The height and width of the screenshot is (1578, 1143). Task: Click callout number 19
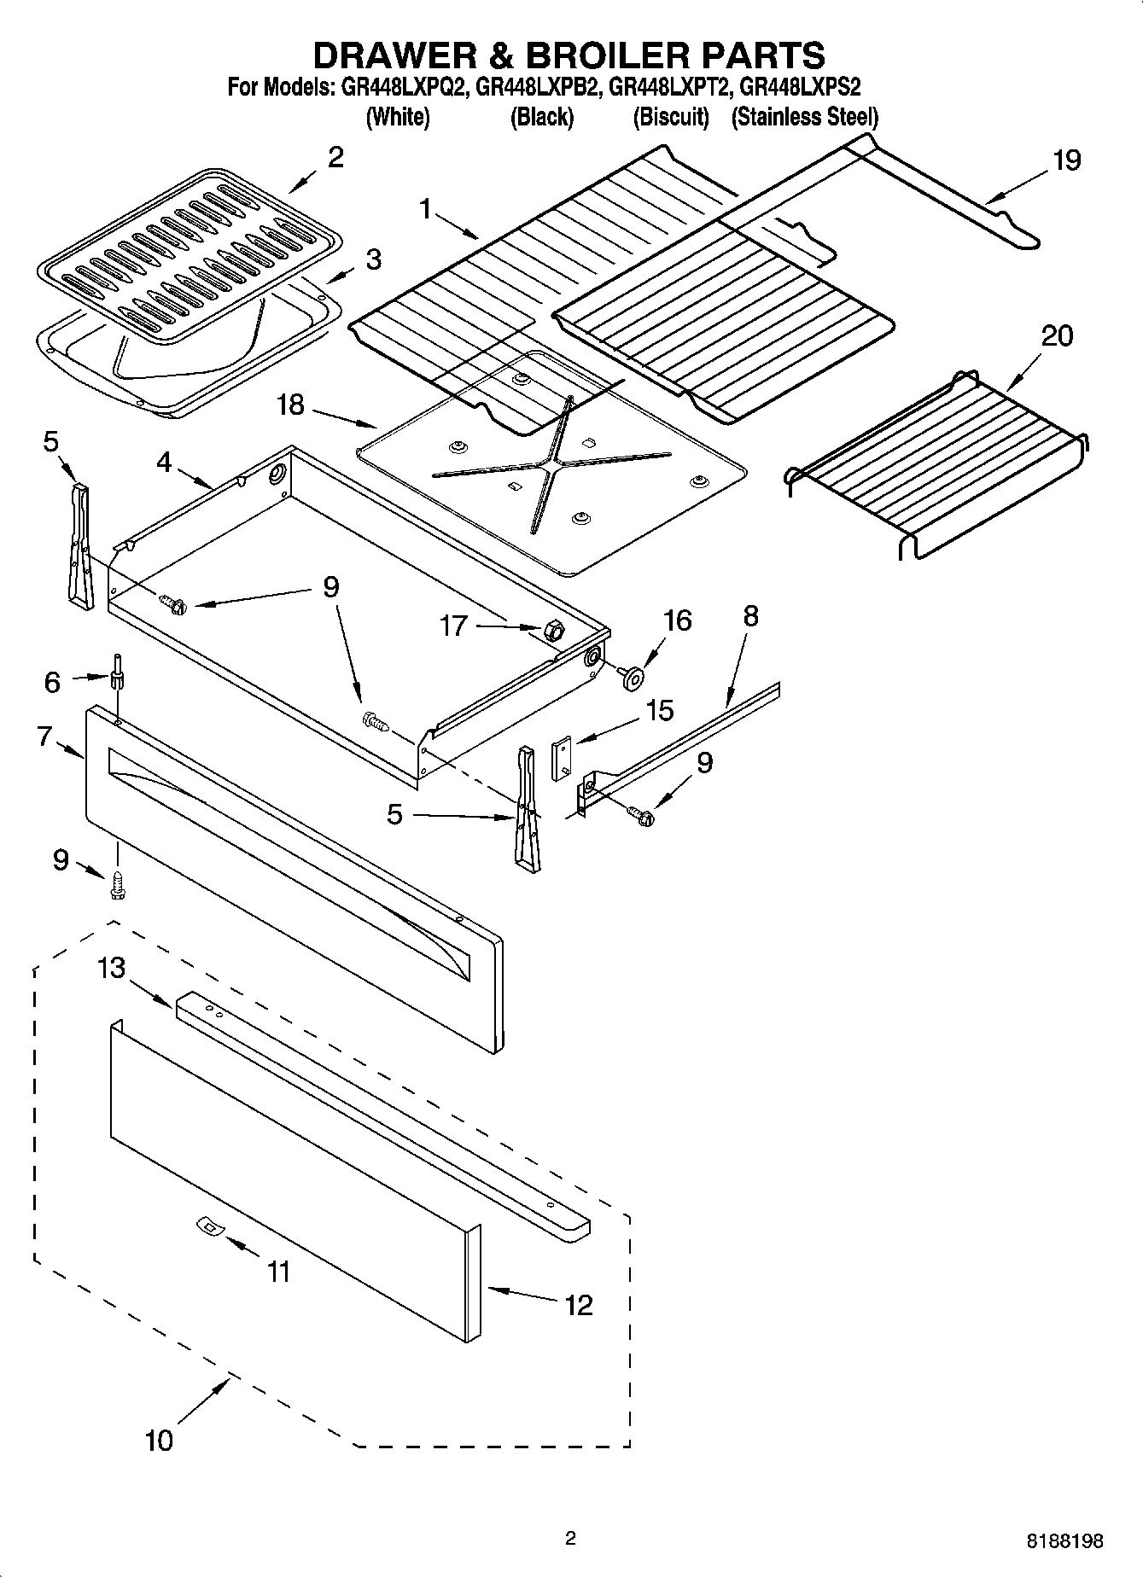(1066, 160)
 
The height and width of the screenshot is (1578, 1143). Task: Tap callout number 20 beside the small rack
(1056, 335)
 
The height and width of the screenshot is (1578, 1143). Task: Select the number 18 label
(290, 405)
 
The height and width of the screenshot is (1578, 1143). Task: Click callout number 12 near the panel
(578, 1304)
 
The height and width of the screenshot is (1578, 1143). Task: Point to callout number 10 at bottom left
(159, 1441)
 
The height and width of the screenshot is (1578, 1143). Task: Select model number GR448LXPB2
(539, 88)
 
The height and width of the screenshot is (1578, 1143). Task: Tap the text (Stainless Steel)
(804, 117)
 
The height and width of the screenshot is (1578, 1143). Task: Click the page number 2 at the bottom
(571, 1539)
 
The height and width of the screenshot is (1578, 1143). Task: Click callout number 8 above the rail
(750, 616)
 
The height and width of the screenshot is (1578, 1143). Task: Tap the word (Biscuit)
(671, 117)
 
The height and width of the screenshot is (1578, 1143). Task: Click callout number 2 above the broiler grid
(335, 157)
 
